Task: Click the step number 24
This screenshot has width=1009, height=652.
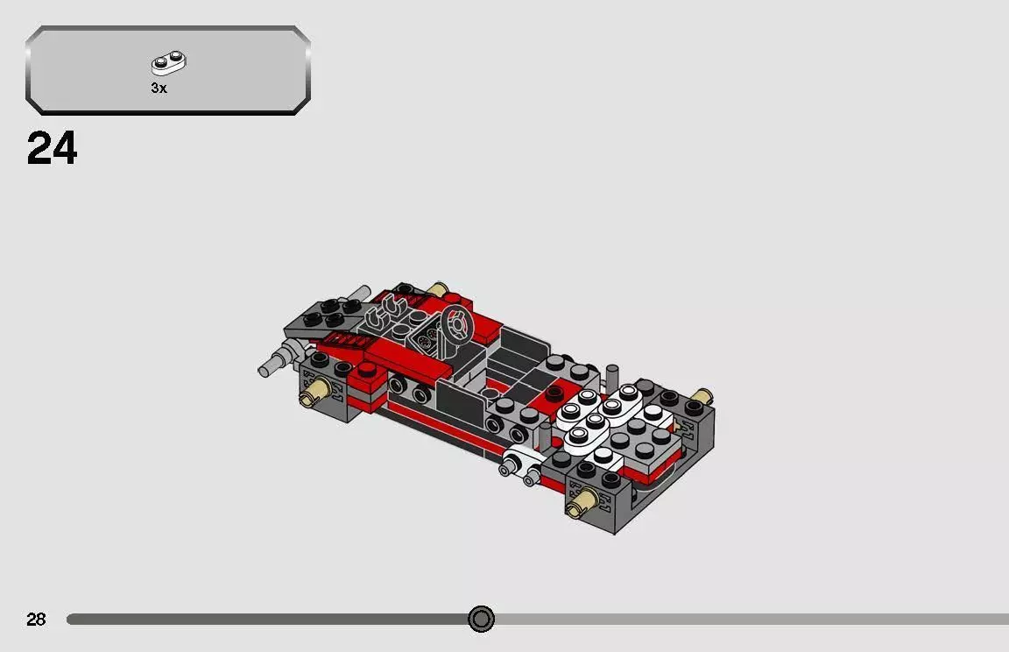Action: (x=53, y=149)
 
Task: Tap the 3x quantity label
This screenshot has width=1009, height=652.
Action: (x=159, y=89)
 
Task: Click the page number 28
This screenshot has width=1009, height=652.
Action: (x=36, y=620)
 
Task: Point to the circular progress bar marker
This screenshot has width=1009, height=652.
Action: (x=481, y=620)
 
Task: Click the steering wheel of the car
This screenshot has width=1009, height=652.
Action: (x=456, y=325)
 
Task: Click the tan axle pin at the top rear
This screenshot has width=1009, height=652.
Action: (x=438, y=288)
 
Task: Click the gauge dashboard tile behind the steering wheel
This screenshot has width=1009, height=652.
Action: (x=427, y=338)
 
